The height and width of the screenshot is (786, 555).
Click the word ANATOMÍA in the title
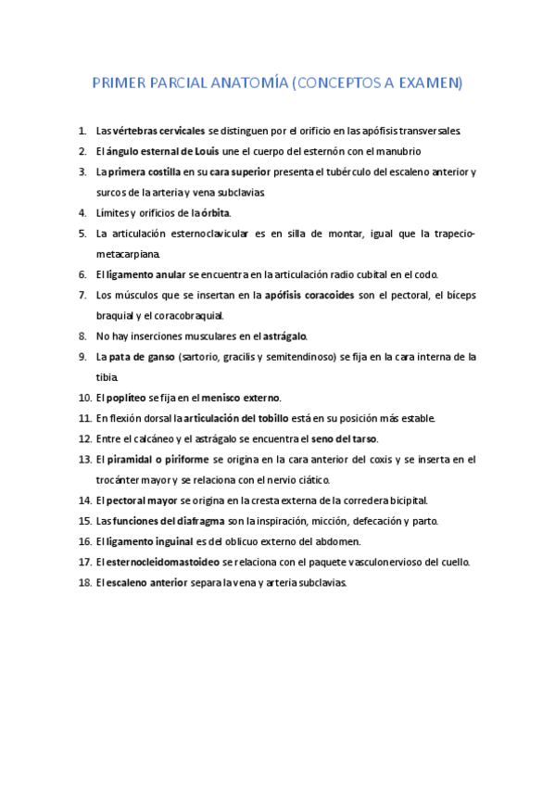click(247, 83)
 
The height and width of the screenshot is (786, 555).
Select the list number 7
click(82, 296)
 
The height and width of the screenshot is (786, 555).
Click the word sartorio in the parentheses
click(196, 357)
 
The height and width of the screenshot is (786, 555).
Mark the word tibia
click(108, 377)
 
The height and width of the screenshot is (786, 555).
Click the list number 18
click(84, 582)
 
